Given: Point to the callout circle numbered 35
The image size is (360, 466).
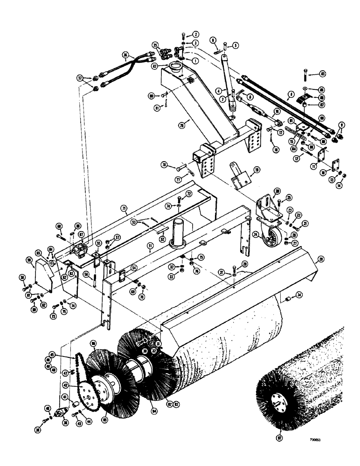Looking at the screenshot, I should [155, 45].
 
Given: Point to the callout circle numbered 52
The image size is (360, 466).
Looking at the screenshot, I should [163, 239].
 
